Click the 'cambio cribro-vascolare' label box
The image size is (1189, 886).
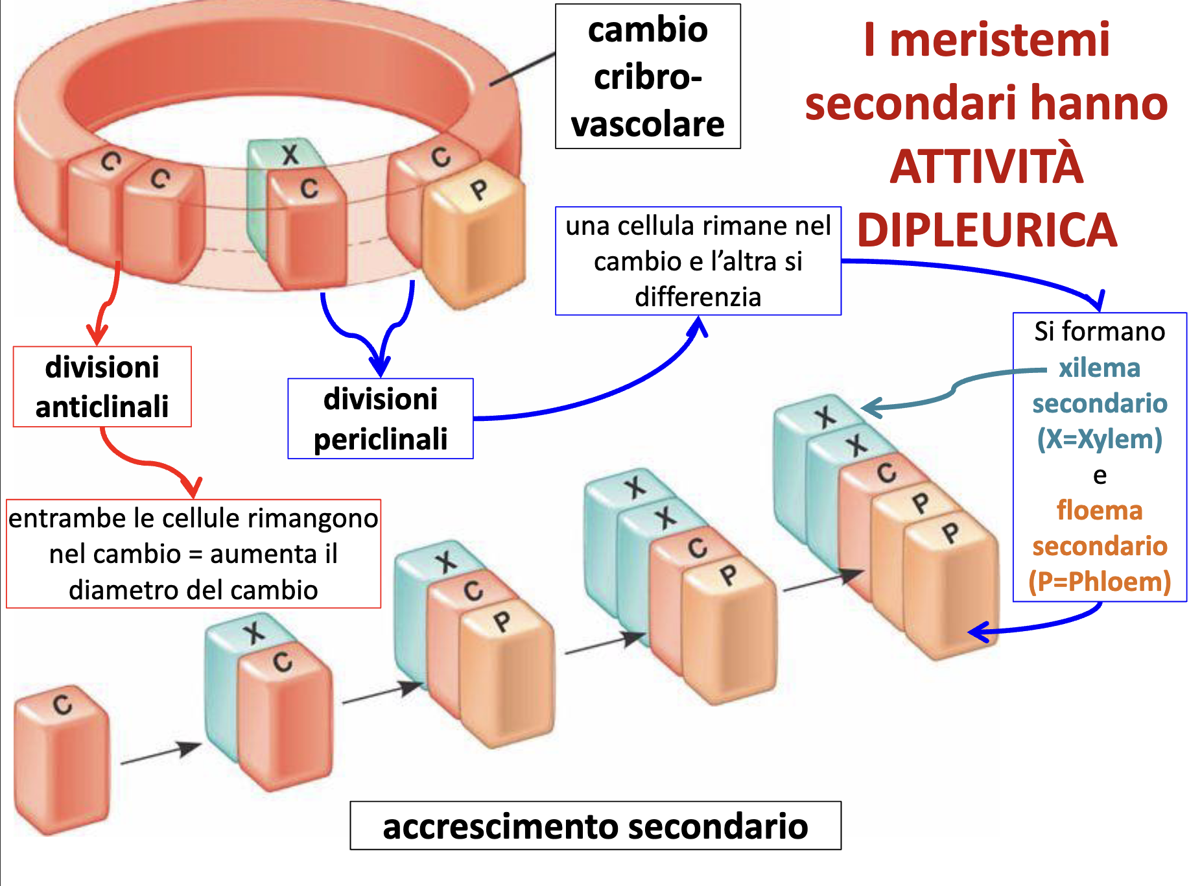[648, 77]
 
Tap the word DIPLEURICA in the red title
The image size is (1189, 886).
[987, 230]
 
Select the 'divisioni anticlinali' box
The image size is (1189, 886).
[102, 387]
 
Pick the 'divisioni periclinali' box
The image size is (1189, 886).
[381, 419]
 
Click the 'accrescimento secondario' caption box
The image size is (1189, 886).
[595, 826]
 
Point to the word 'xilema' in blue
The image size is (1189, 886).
[1099, 368]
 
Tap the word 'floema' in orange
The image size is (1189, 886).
[1100, 510]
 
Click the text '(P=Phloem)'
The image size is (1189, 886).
[1100, 582]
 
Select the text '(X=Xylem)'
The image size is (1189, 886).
[1100, 439]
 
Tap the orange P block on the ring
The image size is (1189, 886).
[473, 240]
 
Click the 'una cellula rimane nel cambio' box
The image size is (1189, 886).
[698, 261]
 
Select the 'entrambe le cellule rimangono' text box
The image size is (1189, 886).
[193, 553]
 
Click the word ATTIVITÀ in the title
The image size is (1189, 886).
[987, 167]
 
